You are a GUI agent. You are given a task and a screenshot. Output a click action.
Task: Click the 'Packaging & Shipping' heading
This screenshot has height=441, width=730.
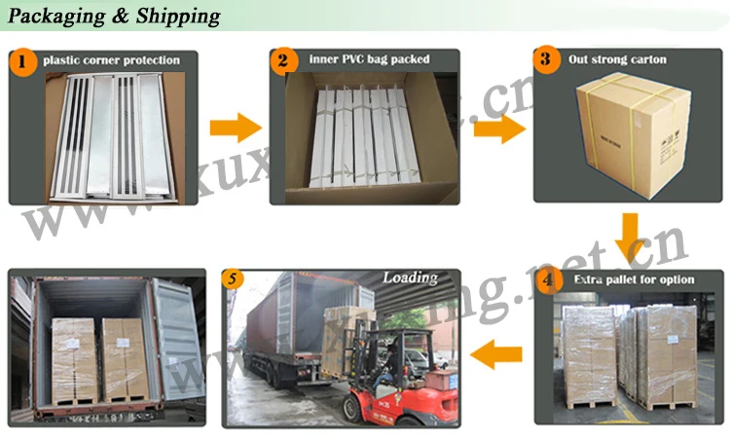point(114,17)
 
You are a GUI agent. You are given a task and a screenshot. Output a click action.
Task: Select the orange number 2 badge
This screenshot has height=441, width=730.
point(283,63)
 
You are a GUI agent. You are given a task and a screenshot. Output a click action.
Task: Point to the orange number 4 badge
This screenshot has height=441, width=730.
point(551,280)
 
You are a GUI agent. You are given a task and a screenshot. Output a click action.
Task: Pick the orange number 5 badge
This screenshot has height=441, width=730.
point(232,279)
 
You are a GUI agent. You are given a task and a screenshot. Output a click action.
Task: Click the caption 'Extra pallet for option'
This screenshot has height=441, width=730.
point(634,280)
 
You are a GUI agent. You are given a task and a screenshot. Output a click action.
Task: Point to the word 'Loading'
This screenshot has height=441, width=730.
point(410,277)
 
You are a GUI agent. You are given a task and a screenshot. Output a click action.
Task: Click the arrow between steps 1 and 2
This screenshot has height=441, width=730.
point(236,127)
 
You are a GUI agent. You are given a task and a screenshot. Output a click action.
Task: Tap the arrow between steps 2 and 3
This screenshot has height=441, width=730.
point(498,128)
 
